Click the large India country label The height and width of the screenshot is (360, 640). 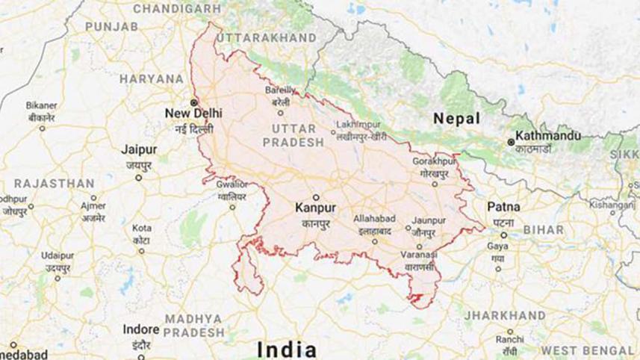[287, 350]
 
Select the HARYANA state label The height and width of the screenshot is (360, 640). [152, 78]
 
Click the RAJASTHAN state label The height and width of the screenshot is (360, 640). [54, 183]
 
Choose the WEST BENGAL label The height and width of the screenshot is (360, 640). [588, 350]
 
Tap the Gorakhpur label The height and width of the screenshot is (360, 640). [433, 161]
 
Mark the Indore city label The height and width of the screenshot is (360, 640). [141, 329]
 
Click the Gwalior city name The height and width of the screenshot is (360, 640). [232, 184]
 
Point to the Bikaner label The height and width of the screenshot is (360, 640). [41, 105]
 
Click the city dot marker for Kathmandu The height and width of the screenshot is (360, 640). [511, 140]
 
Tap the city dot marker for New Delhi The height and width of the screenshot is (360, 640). [193, 102]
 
